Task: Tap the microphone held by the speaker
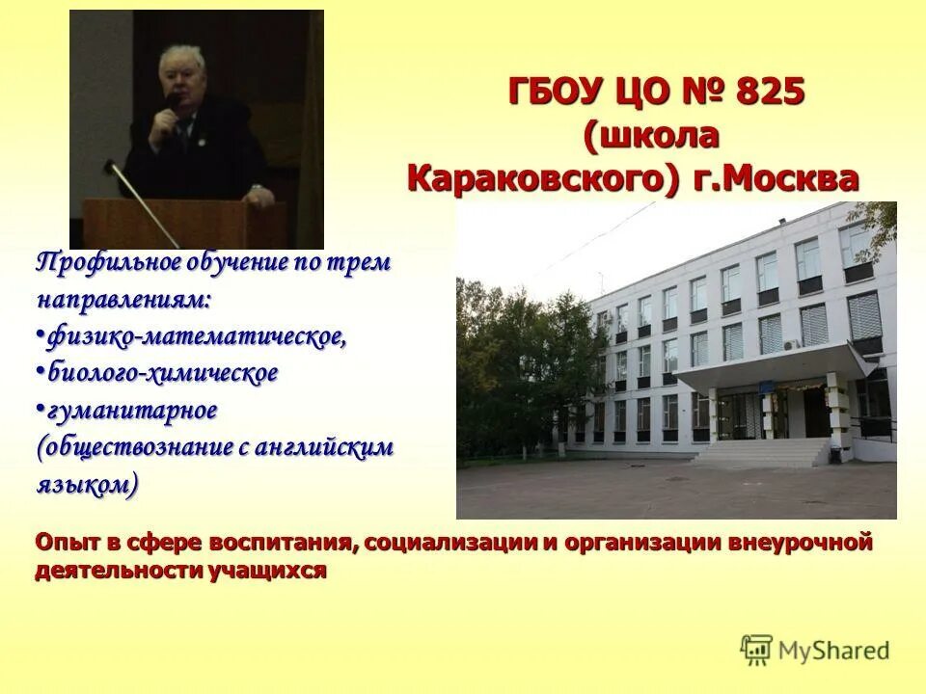170,108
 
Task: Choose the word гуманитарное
132,410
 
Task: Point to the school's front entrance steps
762,451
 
